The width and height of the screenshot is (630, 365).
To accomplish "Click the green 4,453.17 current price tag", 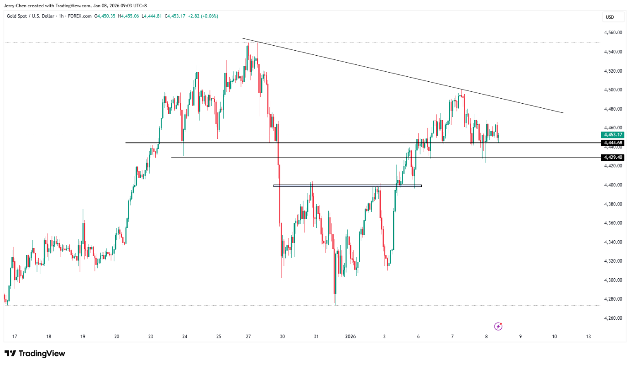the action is [613, 135].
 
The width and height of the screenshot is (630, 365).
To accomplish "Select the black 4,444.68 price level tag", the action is [613, 143].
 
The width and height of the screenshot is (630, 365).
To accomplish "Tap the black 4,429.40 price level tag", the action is [613, 157].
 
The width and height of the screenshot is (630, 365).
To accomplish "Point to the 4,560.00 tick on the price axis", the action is [613, 32].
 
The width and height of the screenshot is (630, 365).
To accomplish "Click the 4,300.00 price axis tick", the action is [613, 280].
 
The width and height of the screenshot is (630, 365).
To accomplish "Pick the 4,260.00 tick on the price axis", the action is [613, 318].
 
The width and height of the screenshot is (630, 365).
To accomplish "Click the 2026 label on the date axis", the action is [351, 337].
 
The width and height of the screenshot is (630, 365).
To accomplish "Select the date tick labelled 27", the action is [248, 337].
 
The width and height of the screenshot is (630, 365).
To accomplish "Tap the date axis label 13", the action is [588, 337].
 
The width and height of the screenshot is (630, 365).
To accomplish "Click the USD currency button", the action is [610, 17].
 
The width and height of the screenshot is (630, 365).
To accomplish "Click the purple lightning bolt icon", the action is [498, 326].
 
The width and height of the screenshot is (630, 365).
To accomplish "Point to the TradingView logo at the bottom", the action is [35, 354].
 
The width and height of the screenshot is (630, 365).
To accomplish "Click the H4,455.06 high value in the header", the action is [128, 16].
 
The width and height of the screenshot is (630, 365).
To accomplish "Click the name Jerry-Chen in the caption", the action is [15, 5].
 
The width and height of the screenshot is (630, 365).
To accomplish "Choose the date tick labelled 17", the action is [15, 337].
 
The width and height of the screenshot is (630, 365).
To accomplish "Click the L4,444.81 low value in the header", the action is [152, 16].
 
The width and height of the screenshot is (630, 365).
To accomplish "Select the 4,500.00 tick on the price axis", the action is [613, 90].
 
